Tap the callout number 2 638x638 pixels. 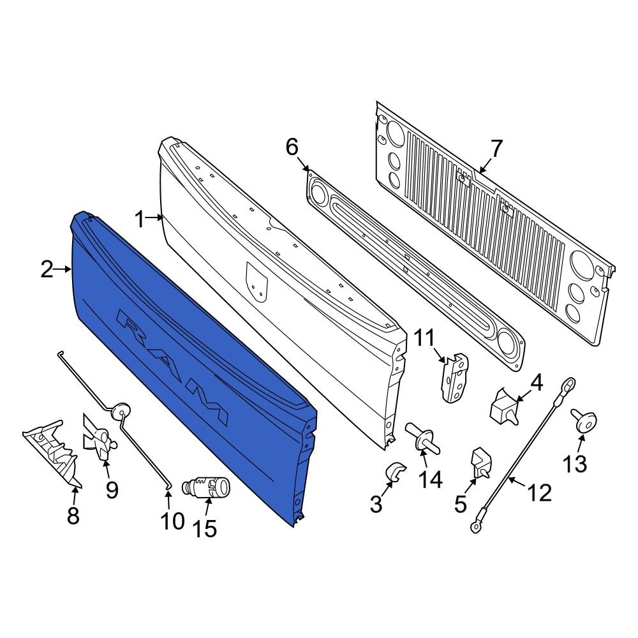click(47, 271)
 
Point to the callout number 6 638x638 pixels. click(292, 148)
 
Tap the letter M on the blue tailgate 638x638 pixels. click(211, 406)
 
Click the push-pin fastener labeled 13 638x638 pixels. click(583, 421)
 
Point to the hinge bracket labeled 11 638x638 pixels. click(454, 378)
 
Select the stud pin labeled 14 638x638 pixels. click(423, 440)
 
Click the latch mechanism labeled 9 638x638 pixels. click(100, 439)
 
